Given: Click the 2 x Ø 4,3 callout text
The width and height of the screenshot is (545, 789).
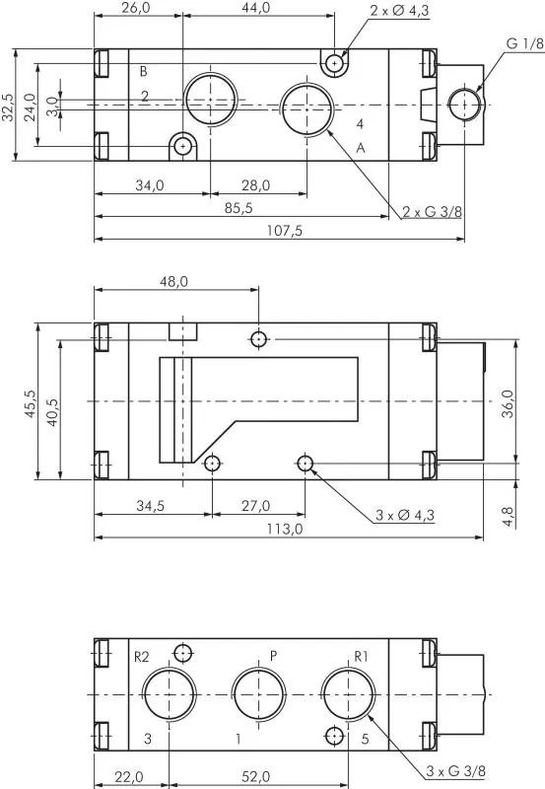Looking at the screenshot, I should (400, 11).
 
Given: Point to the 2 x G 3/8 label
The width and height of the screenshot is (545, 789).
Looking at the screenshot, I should (432, 211).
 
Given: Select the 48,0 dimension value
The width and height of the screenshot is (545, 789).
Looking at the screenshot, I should (173, 282).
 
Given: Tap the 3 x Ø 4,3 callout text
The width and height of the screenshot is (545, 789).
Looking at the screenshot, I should (405, 515).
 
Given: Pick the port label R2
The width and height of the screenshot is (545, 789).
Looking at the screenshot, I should (141, 656).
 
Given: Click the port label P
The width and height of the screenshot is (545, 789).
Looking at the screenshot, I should (274, 655).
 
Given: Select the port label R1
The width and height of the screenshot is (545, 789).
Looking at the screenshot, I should (361, 656).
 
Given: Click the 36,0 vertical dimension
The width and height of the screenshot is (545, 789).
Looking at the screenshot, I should (508, 401).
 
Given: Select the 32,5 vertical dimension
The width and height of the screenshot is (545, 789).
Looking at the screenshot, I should (9, 106).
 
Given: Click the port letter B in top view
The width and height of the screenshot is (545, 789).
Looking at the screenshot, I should (143, 71).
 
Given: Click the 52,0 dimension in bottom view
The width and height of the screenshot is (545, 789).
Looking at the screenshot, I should (258, 777).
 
